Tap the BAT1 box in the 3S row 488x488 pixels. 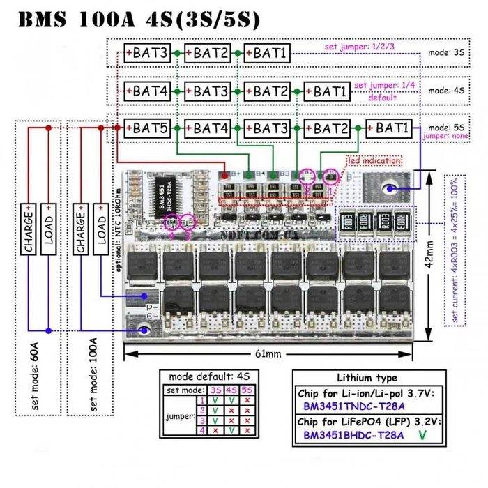click(x=268, y=52)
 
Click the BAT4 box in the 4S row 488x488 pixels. click(x=147, y=91)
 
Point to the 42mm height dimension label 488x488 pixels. click(x=431, y=254)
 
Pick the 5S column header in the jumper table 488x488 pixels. click(x=247, y=390)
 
